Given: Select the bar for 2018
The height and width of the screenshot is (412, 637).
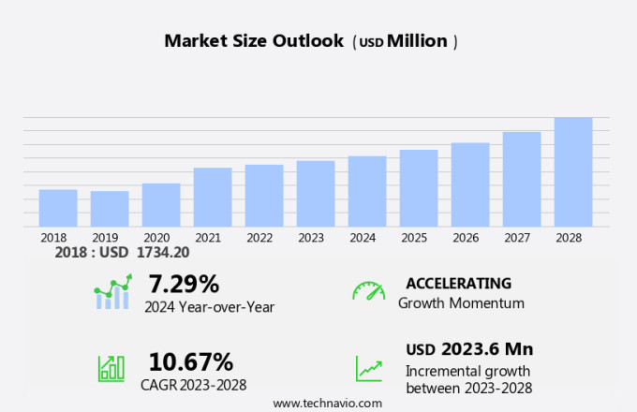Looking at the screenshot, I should [58, 208].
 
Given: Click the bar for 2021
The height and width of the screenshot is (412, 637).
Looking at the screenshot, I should [213, 197].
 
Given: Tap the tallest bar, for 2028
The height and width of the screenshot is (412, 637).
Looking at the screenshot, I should [573, 171].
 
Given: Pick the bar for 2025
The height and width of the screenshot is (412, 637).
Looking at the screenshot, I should [419, 188].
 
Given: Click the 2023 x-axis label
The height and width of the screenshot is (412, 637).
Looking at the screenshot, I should [311, 238].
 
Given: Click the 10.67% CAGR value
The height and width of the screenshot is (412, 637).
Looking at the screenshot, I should [191, 360].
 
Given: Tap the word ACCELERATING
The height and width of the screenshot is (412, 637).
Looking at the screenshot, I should [458, 283].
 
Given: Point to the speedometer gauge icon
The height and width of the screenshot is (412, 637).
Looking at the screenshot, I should [368, 291].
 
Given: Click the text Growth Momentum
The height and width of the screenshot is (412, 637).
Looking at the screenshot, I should [461, 303].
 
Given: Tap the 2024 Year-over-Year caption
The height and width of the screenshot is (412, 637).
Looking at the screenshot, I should [209, 306].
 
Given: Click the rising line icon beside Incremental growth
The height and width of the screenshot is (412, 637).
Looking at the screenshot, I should [368, 368].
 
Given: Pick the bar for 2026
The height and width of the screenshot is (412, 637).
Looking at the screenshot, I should [470, 184].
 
